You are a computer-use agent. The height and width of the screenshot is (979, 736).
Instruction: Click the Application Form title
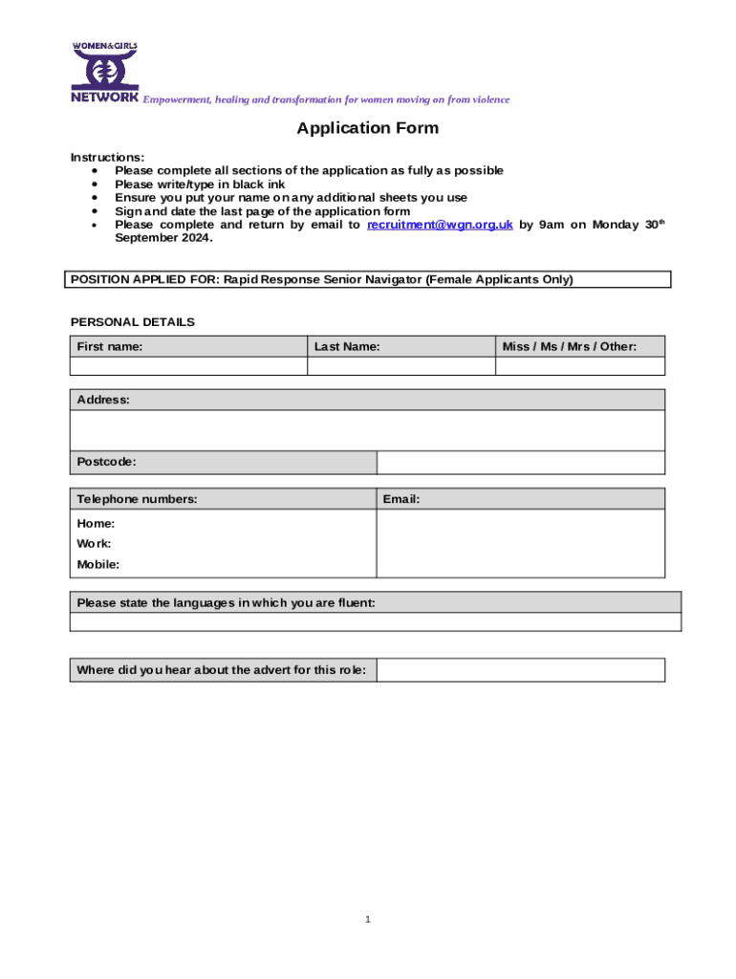click(x=367, y=128)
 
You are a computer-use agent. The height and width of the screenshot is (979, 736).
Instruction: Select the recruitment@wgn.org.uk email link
click(x=440, y=225)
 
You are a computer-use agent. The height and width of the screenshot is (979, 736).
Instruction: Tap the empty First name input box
click(x=188, y=366)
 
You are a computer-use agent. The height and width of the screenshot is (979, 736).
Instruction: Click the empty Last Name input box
click(x=400, y=366)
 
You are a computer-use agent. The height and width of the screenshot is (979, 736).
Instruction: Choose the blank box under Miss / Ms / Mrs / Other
click(x=580, y=366)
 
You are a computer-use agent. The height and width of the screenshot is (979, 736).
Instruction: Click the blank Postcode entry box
click(x=520, y=463)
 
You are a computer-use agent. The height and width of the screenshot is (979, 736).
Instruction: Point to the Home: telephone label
click(x=96, y=523)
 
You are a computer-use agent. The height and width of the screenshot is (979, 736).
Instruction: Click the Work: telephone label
click(x=94, y=543)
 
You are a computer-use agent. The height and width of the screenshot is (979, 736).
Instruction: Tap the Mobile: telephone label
click(x=98, y=564)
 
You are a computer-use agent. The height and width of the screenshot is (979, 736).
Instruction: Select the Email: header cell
click(x=401, y=499)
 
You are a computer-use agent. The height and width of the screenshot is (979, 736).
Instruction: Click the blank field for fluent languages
click(x=375, y=622)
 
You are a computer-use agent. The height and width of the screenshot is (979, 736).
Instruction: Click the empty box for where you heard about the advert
click(x=520, y=670)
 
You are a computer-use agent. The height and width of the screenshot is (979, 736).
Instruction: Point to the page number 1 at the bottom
click(x=367, y=920)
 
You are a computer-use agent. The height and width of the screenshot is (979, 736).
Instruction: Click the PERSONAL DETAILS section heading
click(x=133, y=322)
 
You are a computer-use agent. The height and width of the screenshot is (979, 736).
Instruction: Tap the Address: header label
click(x=103, y=400)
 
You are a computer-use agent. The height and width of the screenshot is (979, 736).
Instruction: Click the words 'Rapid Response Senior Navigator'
click(x=323, y=280)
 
